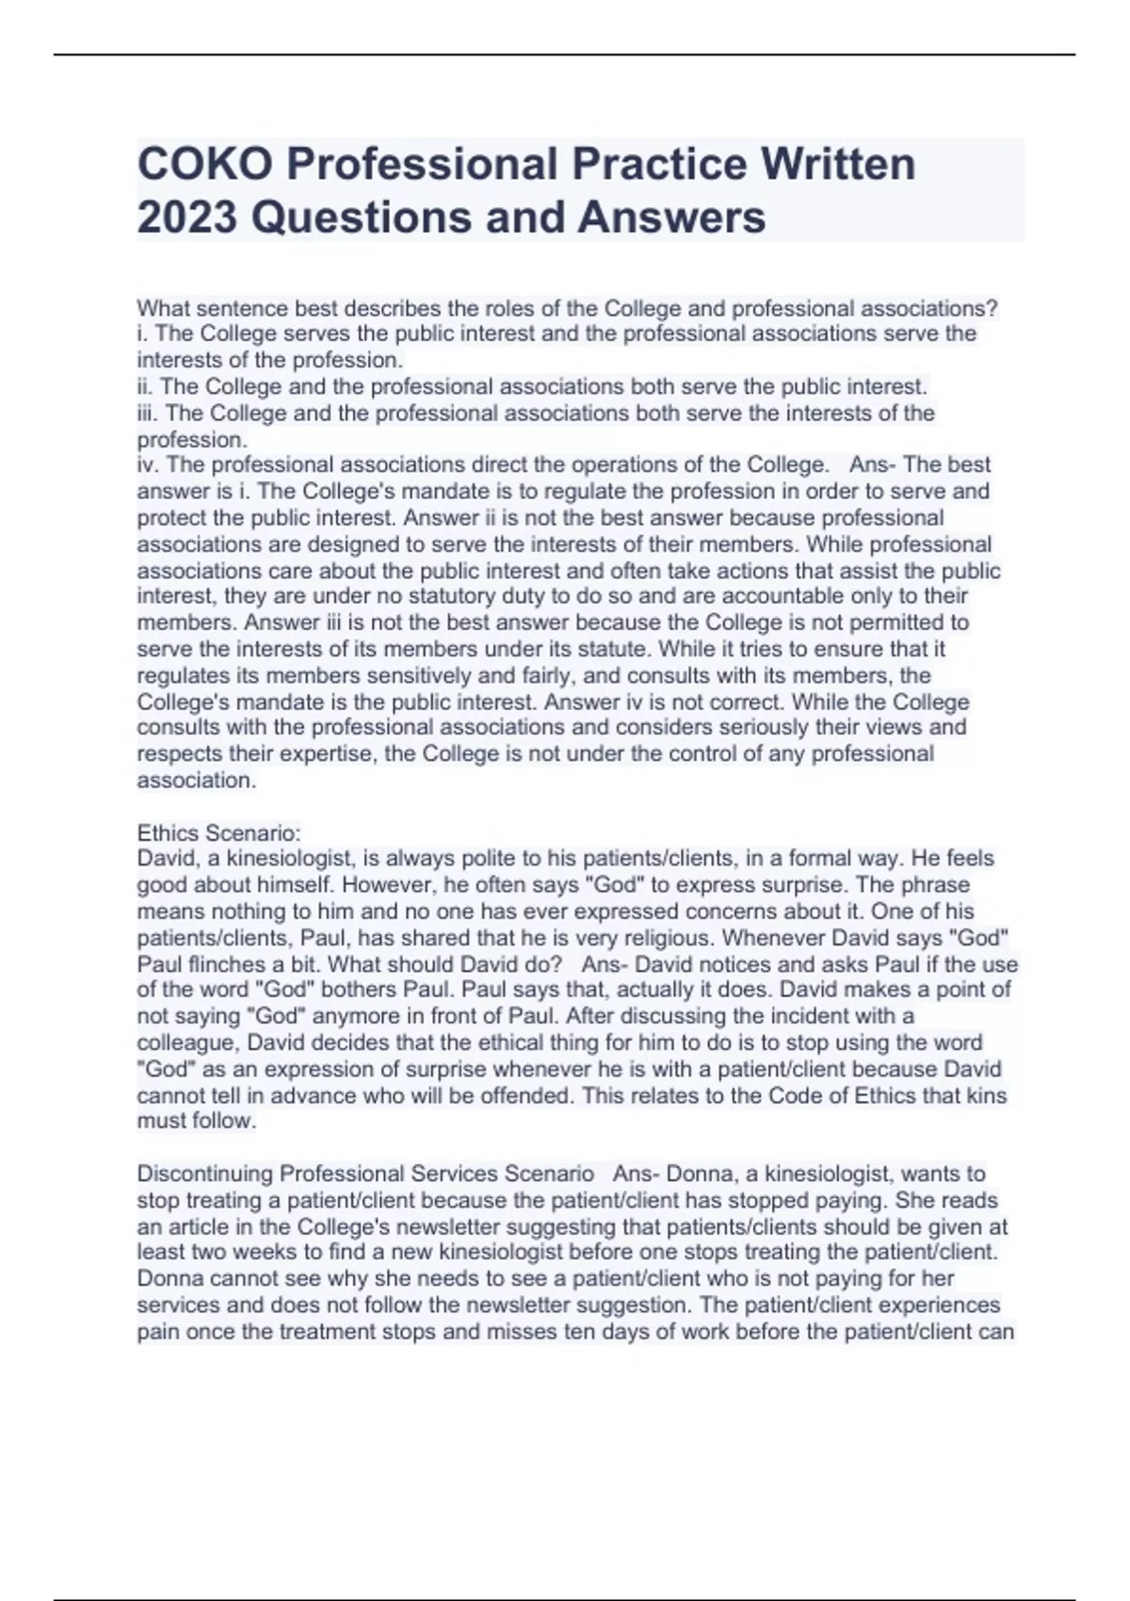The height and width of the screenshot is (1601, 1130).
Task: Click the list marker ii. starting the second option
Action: (147, 387)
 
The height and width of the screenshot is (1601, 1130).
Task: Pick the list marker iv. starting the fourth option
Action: (149, 465)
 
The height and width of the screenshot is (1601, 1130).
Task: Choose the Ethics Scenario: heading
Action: (218, 833)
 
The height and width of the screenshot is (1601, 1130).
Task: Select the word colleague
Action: (184, 1043)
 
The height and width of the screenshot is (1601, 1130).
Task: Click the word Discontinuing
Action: (205, 1174)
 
